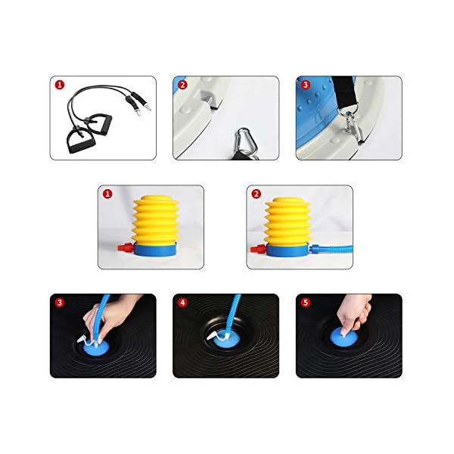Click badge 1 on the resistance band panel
coord(59,86)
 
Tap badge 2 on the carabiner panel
coord(182,86)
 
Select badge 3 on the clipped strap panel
coord(305,86)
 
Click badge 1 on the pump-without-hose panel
coord(107,194)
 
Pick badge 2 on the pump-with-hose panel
coord(257,194)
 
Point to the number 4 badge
coord(182,303)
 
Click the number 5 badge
coord(305,303)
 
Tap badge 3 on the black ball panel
coord(59,303)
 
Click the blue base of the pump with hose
coord(288,249)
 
